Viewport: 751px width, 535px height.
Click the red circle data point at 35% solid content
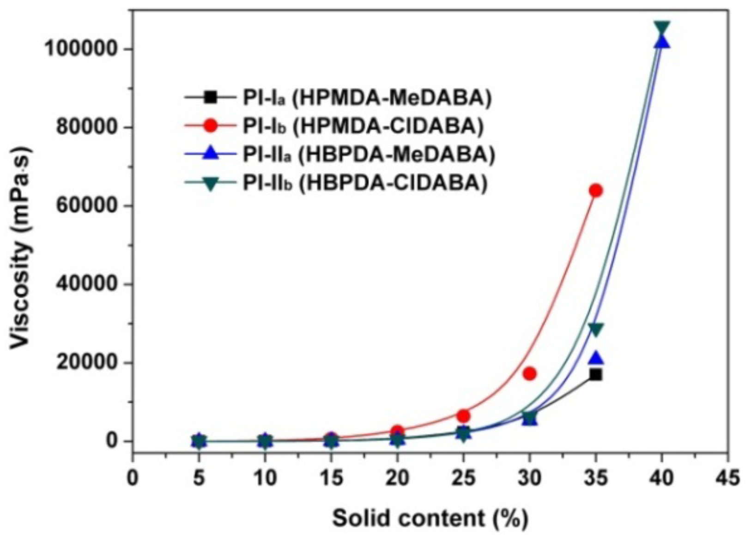(x=596, y=190)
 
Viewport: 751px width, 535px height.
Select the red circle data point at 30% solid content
(x=529, y=373)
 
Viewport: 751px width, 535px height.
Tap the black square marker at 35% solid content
(x=596, y=374)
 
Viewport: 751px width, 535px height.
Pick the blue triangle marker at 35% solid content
(x=596, y=358)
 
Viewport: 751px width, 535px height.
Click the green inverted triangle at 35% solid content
(x=596, y=329)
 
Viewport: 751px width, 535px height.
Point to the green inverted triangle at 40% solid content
(x=662, y=28)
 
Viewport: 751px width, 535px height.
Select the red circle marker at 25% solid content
(x=463, y=416)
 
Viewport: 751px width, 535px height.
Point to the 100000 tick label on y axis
(x=80, y=48)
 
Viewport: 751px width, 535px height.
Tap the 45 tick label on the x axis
(x=728, y=478)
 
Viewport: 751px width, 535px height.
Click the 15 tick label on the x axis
(x=331, y=478)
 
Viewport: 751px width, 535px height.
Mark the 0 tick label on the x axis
(x=133, y=478)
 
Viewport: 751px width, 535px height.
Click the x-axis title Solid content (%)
(x=430, y=518)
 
